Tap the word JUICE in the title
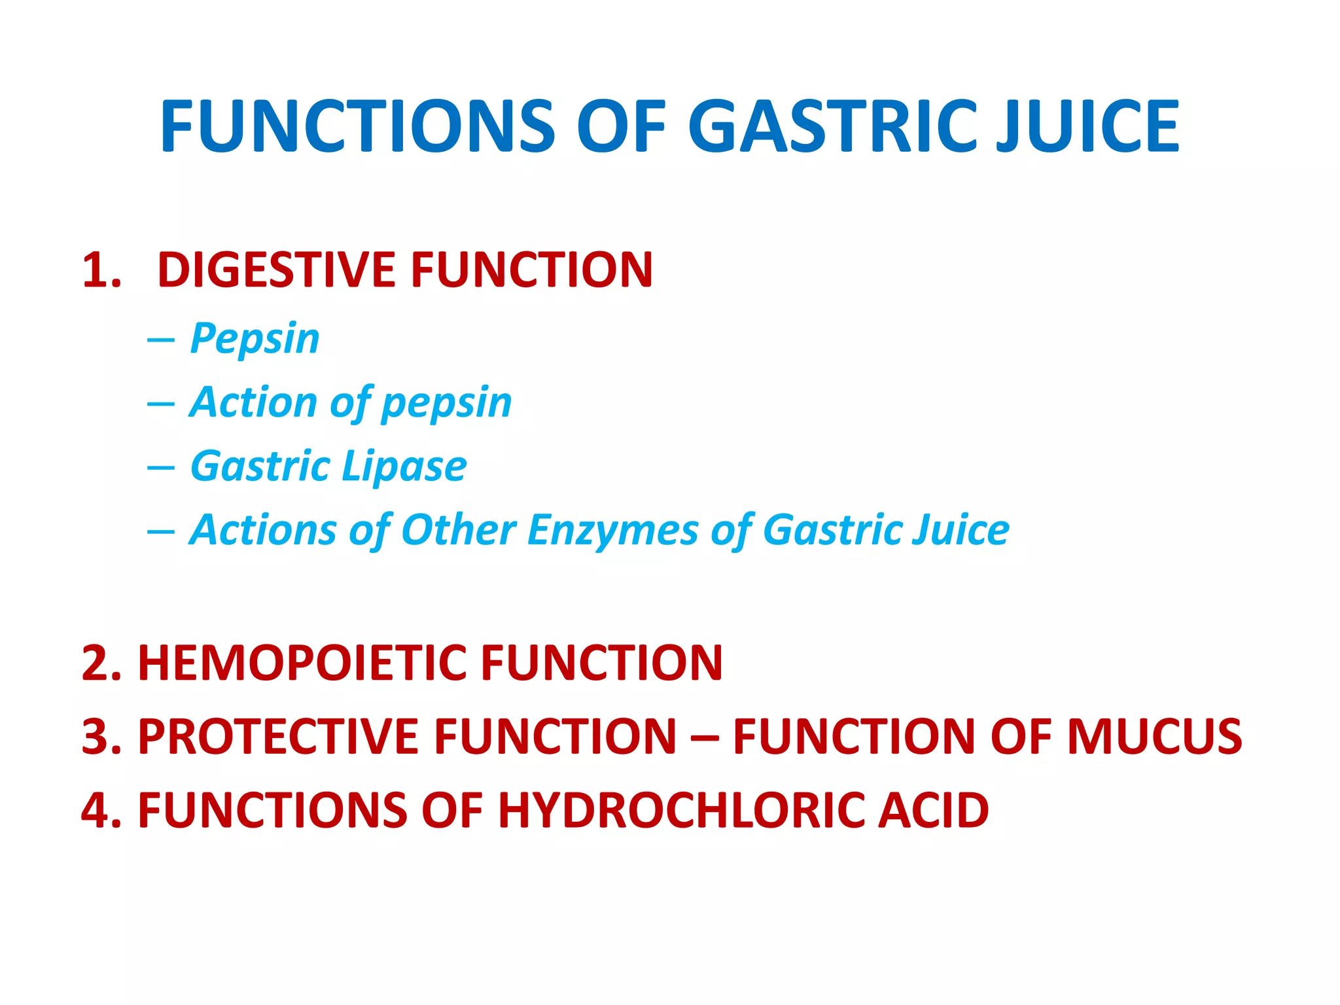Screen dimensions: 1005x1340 coord(1087,126)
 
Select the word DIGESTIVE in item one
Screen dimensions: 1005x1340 coord(275,270)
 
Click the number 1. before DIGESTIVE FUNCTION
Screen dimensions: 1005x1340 coord(102,270)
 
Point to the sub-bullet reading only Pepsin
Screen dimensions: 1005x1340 coord(255,339)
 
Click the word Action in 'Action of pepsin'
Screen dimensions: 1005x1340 coord(253,401)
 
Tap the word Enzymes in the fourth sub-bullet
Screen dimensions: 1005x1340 coord(612,529)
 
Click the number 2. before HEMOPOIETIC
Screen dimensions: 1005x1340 coord(102,663)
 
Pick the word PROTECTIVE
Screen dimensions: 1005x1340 coord(277,737)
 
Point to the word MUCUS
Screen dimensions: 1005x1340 coord(1154,737)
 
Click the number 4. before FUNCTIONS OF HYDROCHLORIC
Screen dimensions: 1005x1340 coord(102,810)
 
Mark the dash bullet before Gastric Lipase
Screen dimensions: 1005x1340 coord(161,467)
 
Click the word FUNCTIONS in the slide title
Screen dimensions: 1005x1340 coord(357,126)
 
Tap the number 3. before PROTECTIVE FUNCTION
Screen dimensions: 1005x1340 coord(102,737)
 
